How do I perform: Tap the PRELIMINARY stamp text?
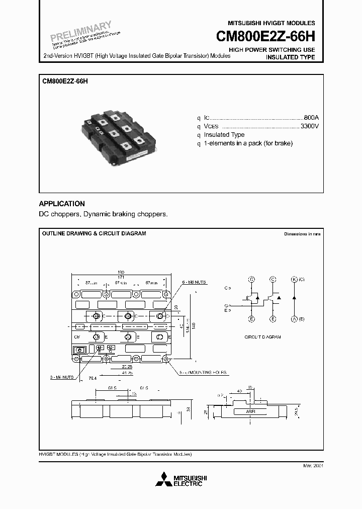point(80,32)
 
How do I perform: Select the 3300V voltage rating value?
point(309,125)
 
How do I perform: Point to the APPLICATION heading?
point(62,204)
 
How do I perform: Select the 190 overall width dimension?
point(121,272)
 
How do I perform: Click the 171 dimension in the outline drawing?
point(121,277)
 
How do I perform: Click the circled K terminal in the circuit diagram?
point(294,279)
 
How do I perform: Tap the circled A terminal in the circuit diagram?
point(294,319)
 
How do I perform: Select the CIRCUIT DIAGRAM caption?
point(262,337)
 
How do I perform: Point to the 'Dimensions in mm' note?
point(302,234)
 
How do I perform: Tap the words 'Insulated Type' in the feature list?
point(224,135)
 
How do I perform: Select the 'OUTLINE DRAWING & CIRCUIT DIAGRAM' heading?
point(94,234)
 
